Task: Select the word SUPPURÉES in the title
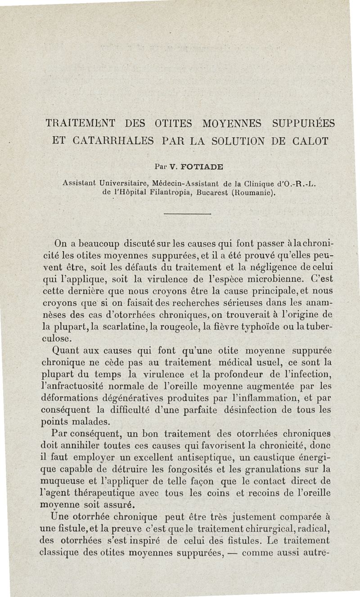click(x=303, y=122)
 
